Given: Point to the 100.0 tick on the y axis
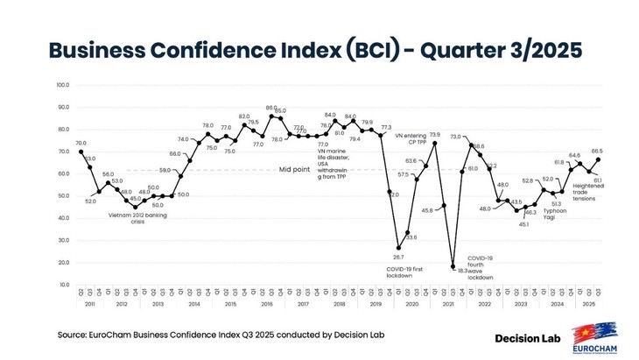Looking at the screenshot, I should tap(62, 85).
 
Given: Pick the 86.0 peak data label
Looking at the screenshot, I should tap(270, 108).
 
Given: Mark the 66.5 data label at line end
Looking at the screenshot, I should tap(597, 151).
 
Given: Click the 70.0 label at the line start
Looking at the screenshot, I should tap(81, 143).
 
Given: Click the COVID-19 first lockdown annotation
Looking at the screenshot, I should tap(405, 272).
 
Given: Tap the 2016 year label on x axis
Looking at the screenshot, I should tap(269, 304).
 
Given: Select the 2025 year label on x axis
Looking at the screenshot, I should tap(588, 304).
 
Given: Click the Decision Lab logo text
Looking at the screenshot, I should tap(528, 337).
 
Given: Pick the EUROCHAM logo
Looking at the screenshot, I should tap(597, 341).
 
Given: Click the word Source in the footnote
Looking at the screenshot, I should tap(74, 335).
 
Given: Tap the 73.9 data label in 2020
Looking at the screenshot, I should tap(433, 135).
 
